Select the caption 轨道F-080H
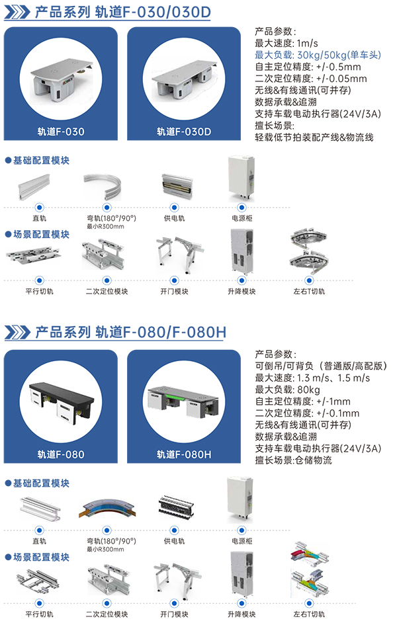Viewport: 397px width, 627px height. [x=184, y=454]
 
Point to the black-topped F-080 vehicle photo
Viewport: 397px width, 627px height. [x=61, y=399]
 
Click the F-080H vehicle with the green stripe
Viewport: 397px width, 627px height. [x=184, y=399]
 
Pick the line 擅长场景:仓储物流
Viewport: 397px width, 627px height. [x=293, y=460]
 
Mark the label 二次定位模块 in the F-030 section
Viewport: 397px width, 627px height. [x=107, y=291]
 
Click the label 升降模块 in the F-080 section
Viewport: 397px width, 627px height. [x=241, y=614]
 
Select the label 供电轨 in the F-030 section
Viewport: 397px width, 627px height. [x=175, y=218]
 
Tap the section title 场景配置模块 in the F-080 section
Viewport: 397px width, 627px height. [x=42, y=557]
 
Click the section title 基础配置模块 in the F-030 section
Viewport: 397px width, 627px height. [x=42, y=160]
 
